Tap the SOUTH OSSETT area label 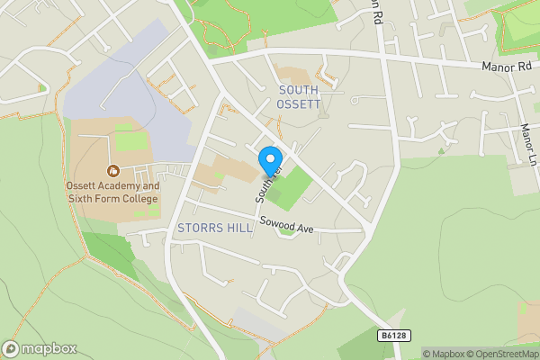[x=299, y=96]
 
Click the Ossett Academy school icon [x=113, y=170]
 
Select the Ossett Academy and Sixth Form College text [x=112, y=193]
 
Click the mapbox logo [x=40, y=348]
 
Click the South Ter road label [x=266, y=184]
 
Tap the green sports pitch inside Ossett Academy [x=130, y=140]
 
